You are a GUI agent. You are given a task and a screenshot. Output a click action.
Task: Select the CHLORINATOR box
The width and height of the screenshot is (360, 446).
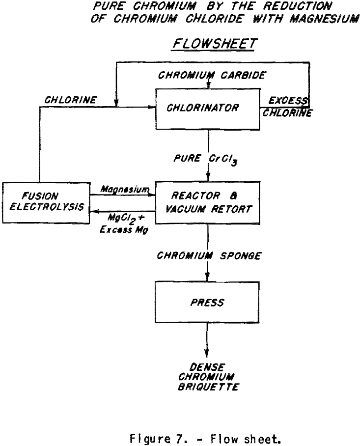coord(207,108)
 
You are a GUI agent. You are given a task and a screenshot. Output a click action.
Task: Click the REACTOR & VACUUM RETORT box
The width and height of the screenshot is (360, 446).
coord(207,201)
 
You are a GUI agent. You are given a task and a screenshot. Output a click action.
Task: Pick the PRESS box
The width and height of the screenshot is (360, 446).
coord(207,303)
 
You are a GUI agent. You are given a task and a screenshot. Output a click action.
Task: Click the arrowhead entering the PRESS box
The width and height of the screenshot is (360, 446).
coord(207,278)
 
